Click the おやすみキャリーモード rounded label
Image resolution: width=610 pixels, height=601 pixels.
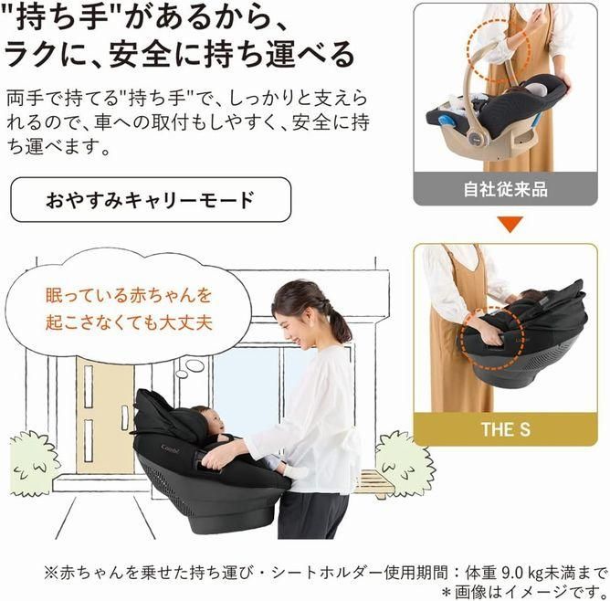(x=151, y=199)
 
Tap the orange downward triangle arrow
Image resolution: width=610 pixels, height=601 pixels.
(x=510, y=224)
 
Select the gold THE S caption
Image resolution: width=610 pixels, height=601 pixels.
(x=505, y=429)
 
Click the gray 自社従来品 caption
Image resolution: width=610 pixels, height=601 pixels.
(x=505, y=189)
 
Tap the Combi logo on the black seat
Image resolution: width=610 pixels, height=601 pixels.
(x=170, y=448)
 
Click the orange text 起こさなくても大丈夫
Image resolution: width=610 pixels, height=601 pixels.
(x=129, y=322)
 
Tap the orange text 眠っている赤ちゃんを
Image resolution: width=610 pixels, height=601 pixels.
(x=129, y=295)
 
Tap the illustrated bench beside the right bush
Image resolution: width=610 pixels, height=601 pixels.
(x=372, y=483)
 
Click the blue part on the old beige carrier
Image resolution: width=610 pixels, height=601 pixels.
(x=447, y=122)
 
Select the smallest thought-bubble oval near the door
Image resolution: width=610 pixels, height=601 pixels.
(x=182, y=374)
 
